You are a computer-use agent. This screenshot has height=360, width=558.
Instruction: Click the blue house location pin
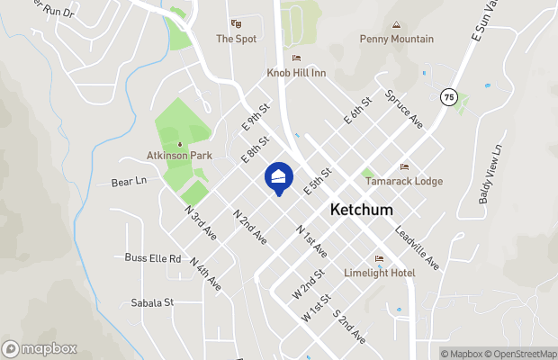tap(279, 178)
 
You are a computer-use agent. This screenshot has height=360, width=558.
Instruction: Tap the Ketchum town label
tap(362, 209)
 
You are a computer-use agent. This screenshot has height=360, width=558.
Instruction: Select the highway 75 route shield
tap(448, 96)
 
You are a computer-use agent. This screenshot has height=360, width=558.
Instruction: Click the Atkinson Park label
tap(179, 156)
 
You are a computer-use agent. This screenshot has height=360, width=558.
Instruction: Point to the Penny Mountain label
tap(396, 39)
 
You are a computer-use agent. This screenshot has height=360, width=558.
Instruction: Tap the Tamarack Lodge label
tap(404, 181)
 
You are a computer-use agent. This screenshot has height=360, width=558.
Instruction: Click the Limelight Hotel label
tap(379, 273)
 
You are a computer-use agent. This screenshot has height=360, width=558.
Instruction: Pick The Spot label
tap(237, 39)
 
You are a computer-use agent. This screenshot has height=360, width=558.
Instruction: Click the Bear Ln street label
tap(129, 182)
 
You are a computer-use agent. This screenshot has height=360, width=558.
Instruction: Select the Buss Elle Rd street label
tap(153, 258)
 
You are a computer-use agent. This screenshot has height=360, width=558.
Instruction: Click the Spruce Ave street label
tap(403, 108)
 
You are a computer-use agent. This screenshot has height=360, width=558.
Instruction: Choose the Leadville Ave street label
tap(417, 247)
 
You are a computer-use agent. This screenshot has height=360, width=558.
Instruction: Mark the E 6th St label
tap(356, 111)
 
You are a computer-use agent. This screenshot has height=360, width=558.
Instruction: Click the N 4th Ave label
tap(206, 273)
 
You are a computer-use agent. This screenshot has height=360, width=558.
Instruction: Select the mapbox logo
tap(40, 348)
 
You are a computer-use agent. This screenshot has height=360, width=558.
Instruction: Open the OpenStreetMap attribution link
tap(517, 354)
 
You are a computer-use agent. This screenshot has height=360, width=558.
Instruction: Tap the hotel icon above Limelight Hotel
tap(379, 259)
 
